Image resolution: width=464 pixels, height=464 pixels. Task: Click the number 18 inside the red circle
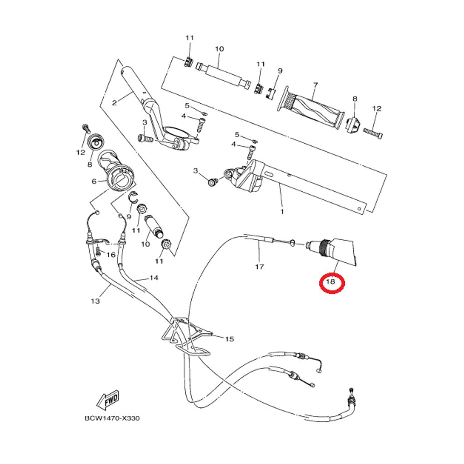click(330, 282)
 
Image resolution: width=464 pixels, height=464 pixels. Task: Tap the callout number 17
click(259, 267)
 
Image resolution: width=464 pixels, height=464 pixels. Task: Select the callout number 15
click(229, 339)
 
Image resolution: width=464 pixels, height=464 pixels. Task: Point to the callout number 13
click(95, 300)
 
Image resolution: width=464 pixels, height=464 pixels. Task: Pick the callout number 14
click(154, 277)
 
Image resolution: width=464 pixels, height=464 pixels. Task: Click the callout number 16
click(111, 255)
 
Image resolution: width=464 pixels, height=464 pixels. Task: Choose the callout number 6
click(94, 181)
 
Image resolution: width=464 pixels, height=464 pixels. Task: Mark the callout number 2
click(114, 103)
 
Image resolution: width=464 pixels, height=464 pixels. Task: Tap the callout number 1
click(282, 212)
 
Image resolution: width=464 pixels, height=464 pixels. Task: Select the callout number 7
click(315, 85)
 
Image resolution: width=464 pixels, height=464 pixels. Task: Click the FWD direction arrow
click(108, 399)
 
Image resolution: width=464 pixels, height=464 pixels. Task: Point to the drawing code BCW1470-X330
click(112, 418)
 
